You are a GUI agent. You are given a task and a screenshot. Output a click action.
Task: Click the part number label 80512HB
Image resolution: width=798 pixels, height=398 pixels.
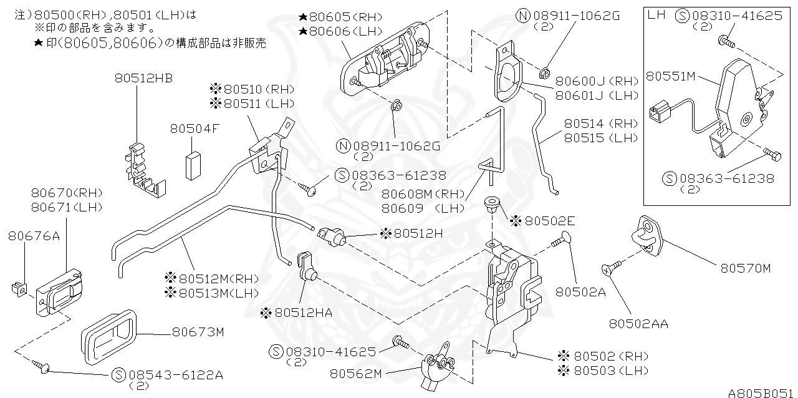pyautogui.click(x=143, y=78)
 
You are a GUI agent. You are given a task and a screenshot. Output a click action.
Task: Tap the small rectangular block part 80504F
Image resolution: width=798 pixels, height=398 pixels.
pyautogui.click(x=193, y=165)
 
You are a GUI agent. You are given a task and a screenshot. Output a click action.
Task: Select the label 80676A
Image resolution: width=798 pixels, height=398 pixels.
pyautogui.click(x=34, y=235)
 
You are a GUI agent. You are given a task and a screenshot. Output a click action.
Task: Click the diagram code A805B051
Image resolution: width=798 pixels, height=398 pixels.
pyautogui.click(x=761, y=392)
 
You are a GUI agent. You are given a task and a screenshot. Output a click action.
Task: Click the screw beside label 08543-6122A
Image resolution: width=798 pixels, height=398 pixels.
pyautogui.click(x=45, y=367)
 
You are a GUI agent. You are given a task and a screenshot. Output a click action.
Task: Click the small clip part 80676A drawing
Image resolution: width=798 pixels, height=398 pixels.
pyautogui.click(x=19, y=288)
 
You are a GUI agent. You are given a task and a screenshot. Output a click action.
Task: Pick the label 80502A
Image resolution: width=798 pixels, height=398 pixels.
pyautogui.click(x=580, y=291)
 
